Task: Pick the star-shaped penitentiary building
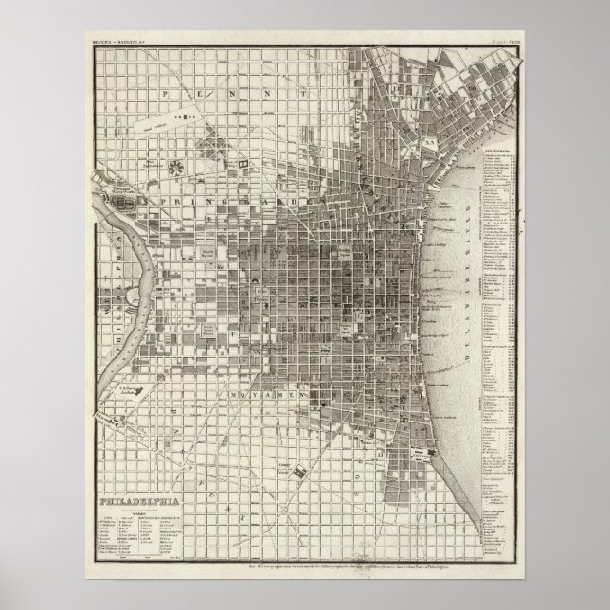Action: [176, 167]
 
